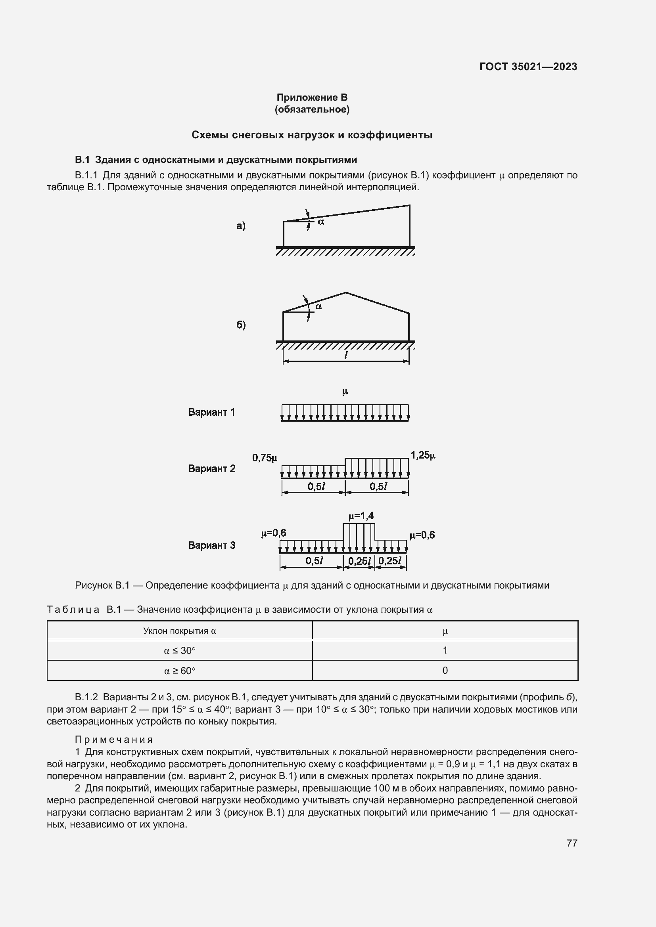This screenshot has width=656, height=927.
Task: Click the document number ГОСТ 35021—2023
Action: click(528, 67)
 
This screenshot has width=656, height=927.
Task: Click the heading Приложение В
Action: click(312, 97)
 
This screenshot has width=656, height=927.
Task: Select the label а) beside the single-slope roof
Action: click(241, 226)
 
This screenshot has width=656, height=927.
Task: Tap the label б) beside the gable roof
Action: click(241, 325)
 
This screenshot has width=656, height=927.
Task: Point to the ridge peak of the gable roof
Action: click(345, 292)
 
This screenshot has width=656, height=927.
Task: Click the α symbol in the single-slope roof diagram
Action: click(321, 222)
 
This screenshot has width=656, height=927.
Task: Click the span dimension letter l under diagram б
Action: click(346, 355)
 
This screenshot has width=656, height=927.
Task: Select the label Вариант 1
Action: click(211, 412)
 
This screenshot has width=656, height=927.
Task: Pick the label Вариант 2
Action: click(212, 468)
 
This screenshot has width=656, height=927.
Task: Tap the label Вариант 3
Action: click(212, 545)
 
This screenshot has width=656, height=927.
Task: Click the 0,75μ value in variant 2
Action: click(265, 458)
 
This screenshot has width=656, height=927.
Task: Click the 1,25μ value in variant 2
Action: click(423, 455)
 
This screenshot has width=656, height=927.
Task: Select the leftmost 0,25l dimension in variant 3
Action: click(359, 561)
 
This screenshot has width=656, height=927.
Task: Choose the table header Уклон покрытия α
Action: click(180, 631)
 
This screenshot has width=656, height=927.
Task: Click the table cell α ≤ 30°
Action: click(180, 650)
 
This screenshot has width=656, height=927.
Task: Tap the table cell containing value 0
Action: click(445, 670)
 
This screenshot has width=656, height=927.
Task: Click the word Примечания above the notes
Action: click(114, 739)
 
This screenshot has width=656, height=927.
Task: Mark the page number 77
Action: click(572, 843)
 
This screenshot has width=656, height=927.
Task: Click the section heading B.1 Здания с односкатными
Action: click(216, 159)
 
